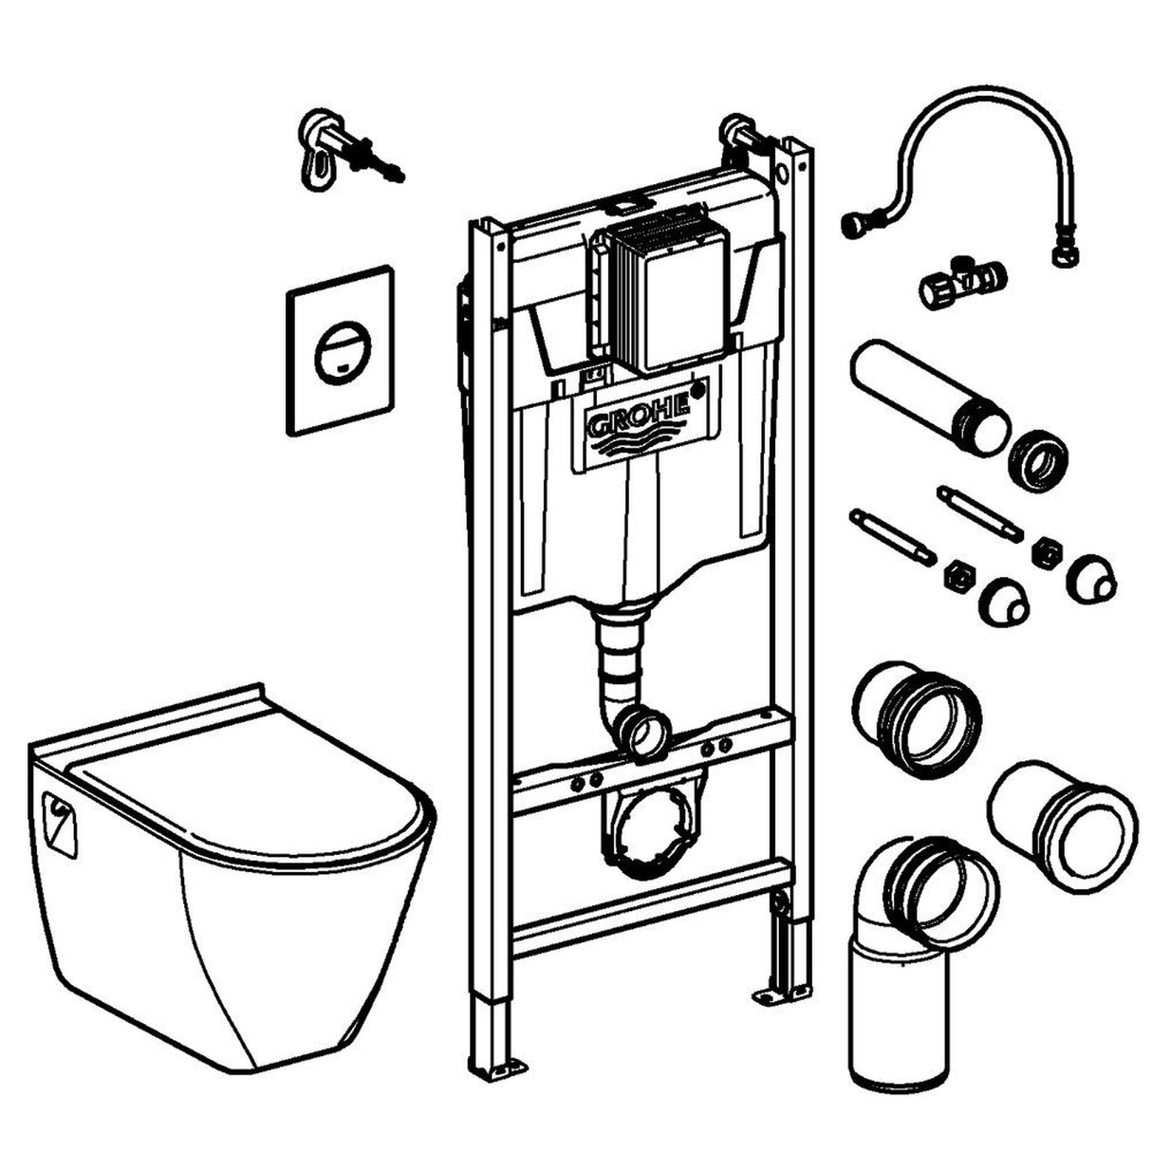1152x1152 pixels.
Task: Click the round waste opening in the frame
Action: pyautogui.click(x=653, y=827)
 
